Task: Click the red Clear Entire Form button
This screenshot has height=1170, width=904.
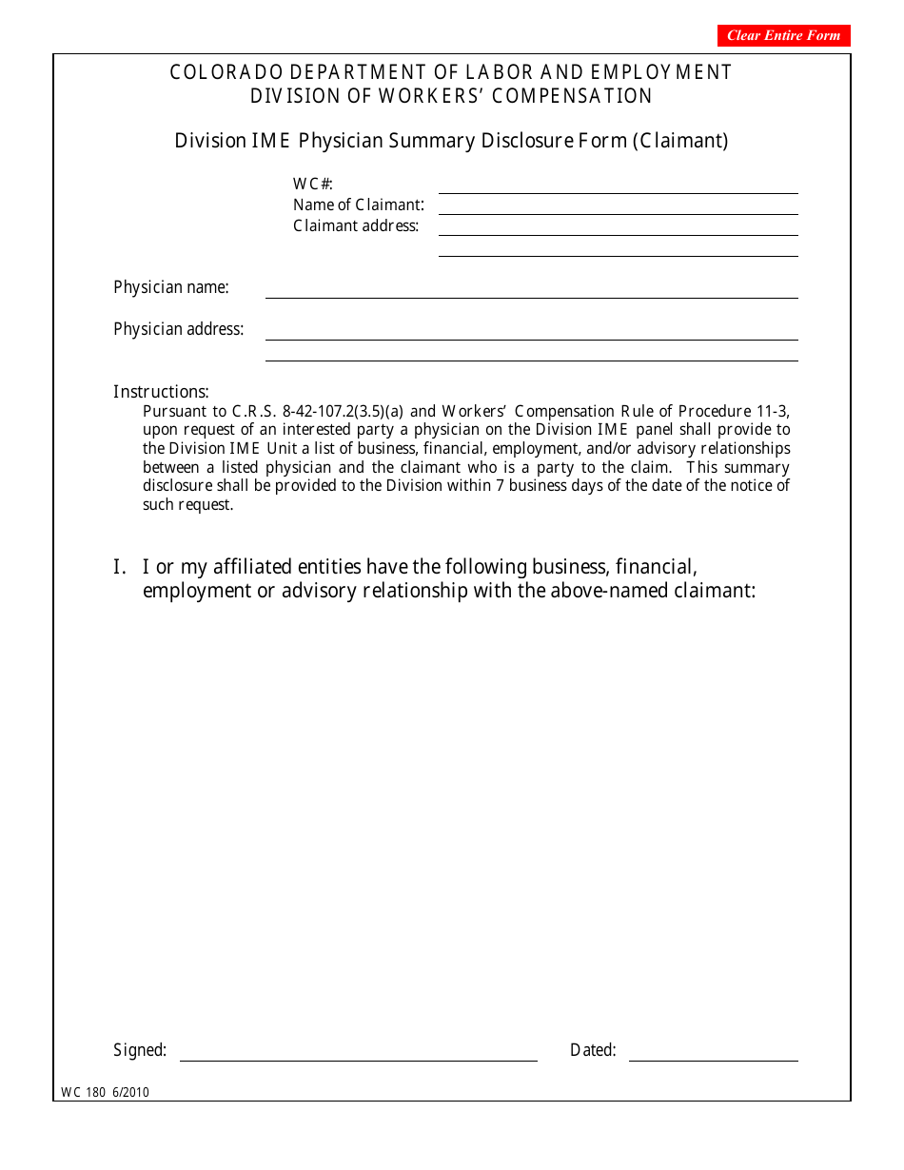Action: coord(783,35)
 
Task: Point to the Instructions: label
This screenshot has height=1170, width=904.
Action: coord(161,392)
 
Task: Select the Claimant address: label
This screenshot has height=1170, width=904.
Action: coord(356,226)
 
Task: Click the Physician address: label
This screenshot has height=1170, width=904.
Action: coord(178,329)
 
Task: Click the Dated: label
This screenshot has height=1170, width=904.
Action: coord(593,1051)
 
